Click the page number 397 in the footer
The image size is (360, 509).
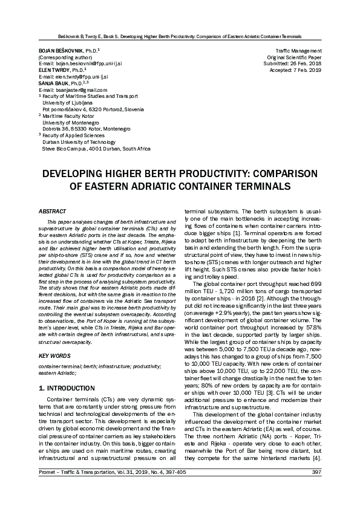[316, 488]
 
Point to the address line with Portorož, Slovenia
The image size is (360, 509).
[93, 109]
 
